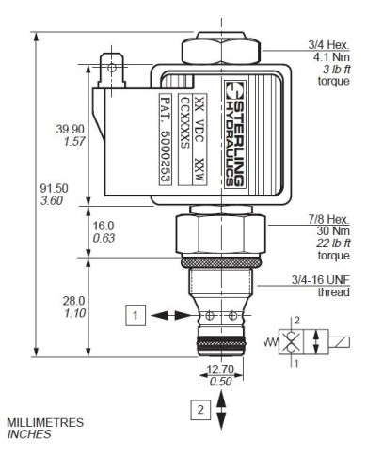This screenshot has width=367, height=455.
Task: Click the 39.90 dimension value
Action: click(x=69, y=130)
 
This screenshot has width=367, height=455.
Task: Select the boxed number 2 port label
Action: click(x=197, y=408)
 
